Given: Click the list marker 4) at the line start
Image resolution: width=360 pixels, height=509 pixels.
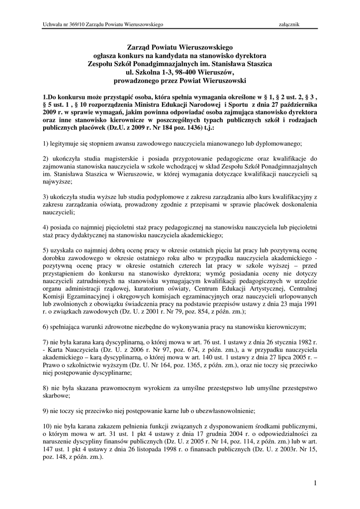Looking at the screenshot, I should [46, 227].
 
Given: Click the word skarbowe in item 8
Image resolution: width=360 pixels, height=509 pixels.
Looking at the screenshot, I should [56, 397].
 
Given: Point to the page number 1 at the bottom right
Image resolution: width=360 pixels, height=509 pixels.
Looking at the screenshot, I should [315, 483].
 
